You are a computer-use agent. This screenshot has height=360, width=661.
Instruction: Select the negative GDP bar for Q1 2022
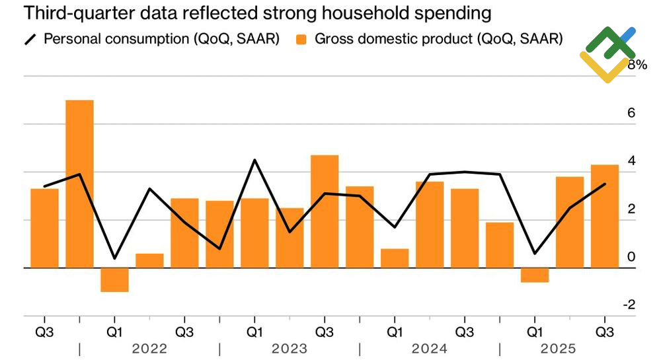point(114,279)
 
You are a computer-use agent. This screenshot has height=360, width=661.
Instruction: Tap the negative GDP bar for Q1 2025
point(535,275)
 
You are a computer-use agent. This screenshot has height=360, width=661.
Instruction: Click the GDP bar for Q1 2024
point(395,258)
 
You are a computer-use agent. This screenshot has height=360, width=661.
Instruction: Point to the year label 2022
point(149,348)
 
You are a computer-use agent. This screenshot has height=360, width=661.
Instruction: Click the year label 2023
point(289,348)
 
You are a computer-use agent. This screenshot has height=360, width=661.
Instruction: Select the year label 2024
point(429,348)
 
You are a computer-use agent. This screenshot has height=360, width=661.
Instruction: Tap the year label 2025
point(558,348)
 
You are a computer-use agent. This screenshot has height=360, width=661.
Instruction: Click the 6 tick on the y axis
point(631,113)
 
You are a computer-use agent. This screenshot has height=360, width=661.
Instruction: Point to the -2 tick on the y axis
point(629,305)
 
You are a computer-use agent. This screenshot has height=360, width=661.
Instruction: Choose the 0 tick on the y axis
point(631,257)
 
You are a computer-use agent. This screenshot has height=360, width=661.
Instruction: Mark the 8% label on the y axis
point(637,65)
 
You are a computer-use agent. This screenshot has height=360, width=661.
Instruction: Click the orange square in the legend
point(301,39)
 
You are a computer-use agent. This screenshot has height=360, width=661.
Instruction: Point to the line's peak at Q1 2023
point(254,160)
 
